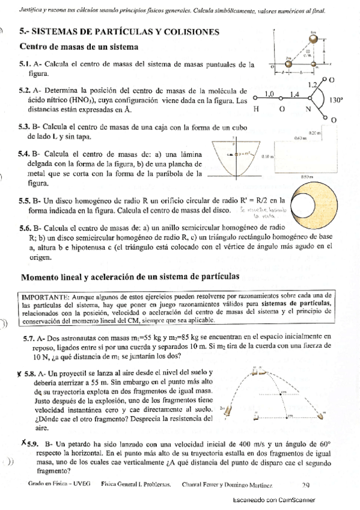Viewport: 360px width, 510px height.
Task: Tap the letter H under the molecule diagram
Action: click(257, 109)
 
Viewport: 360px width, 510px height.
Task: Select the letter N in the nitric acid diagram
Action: click(308, 109)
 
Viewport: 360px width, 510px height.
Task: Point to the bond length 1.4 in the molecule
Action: click(294, 94)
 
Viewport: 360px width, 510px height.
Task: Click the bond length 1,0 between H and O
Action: click(269, 94)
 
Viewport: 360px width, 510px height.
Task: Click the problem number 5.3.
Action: click(25, 127)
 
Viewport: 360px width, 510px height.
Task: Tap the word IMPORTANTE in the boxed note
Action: click(44, 296)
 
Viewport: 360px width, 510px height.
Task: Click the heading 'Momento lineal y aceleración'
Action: click(130, 277)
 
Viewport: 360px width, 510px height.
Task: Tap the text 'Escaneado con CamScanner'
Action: click(273, 500)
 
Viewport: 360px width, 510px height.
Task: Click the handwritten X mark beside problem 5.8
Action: click(21, 372)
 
